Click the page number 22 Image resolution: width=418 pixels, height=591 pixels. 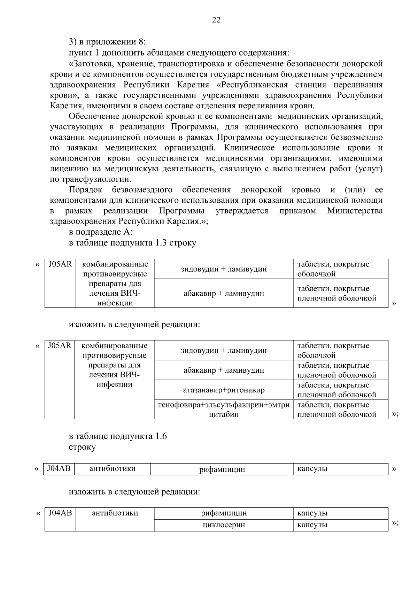click(x=216, y=20)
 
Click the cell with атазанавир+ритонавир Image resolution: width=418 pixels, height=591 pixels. click(x=224, y=390)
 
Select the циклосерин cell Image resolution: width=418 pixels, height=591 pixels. click(x=224, y=524)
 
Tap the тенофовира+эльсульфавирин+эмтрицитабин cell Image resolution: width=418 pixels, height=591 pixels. click(x=224, y=410)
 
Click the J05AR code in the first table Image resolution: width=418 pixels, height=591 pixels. click(x=60, y=264)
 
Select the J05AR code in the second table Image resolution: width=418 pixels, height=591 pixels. click(x=60, y=346)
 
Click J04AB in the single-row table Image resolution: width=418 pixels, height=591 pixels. click(x=59, y=469)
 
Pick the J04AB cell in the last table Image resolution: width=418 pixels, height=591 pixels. click(x=60, y=513)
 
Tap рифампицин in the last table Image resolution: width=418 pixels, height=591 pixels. click(x=224, y=513)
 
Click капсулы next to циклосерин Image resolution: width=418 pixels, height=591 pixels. click(x=312, y=524)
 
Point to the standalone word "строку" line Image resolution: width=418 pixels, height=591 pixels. click(x=82, y=447)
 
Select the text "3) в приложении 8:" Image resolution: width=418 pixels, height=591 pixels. click(x=107, y=42)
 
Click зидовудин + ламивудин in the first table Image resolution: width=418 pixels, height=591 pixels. click(x=224, y=269)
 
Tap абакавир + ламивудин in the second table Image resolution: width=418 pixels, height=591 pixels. click(x=224, y=370)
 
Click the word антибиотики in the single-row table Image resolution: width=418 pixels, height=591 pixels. click(x=112, y=469)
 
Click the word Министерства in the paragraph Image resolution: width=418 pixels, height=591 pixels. click(x=355, y=211)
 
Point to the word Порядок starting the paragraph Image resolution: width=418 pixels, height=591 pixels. click(x=85, y=190)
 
